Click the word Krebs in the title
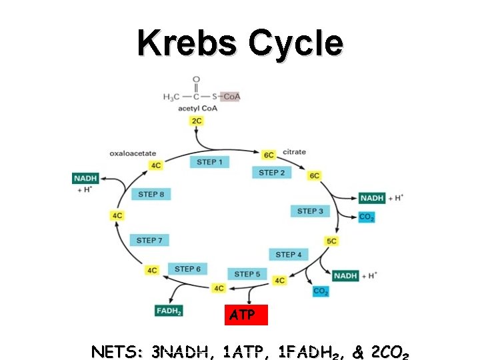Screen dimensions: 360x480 [187, 43]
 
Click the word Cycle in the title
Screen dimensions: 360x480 [295, 43]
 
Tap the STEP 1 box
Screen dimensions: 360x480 [210, 162]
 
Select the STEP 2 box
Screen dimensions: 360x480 [271, 172]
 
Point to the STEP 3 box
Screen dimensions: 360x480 [310, 211]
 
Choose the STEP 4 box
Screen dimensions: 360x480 [289, 255]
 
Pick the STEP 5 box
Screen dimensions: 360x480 [247, 273]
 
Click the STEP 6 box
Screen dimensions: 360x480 [187, 269]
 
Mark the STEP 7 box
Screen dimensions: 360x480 [149, 240]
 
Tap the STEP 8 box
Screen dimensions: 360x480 [151, 194]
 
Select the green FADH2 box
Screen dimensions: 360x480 [169, 310]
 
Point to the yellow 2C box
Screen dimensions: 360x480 [196, 121]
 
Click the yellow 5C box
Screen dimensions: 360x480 [331, 241]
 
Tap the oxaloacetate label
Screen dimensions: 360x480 [133, 153]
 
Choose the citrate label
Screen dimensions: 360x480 [294, 152]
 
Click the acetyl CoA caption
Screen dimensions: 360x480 [197, 109]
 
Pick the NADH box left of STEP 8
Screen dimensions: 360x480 [86, 178]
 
